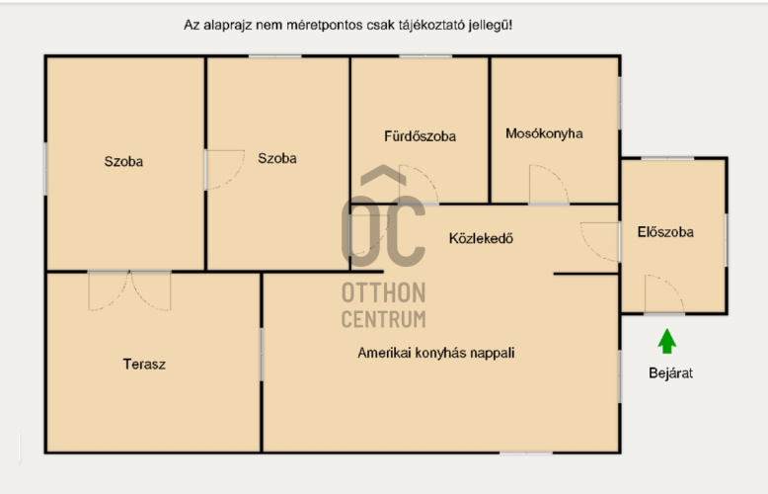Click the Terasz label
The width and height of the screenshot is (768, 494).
(x=144, y=365)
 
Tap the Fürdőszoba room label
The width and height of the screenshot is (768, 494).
(x=420, y=136)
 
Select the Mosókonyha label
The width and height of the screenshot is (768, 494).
(x=544, y=133)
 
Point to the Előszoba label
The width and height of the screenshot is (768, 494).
(x=666, y=232)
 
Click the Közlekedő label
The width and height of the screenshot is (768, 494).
(x=481, y=238)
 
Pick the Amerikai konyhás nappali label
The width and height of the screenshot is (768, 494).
(x=436, y=352)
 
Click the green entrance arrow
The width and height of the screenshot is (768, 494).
(x=667, y=342)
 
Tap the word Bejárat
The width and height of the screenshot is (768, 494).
(x=670, y=373)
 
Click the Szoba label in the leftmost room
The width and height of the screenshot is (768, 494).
(x=123, y=161)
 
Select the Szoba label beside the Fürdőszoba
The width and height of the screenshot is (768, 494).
(x=277, y=158)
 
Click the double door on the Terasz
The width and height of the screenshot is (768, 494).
(x=129, y=289)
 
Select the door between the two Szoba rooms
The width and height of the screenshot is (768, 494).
(x=224, y=169)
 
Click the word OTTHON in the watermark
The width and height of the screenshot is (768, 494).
(x=383, y=293)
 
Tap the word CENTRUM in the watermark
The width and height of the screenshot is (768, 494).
(x=383, y=318)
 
